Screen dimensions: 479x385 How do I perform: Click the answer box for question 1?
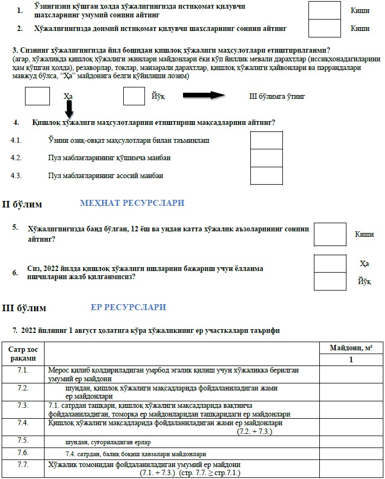pyautogui.click(x=324, y=10)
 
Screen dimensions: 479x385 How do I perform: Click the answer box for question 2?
pyautogui.click(x=324, y=28)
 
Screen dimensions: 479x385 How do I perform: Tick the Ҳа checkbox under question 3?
pyautogui.click(x=37, y=96)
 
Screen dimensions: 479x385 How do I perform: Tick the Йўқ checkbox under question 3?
pyautogui.click(x=134, y=96)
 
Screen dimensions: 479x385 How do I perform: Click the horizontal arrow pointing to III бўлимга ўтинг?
pyautogui.click(x=204, y=96)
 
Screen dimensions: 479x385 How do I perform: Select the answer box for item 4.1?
pyautogui.click(x=266, y=140)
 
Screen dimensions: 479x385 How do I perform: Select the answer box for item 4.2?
pyautogui.click(x=266, y=158)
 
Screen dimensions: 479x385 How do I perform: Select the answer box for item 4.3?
pyautogui.click(x=266, y=175)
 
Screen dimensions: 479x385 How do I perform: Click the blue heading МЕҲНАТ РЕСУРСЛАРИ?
pyautogui.click(x=132, y=203)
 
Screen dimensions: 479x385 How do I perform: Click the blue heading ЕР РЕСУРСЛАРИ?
pyautogui.click(x=128, y=307)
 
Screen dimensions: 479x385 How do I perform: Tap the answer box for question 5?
pyautogui.click(x=330, y=234)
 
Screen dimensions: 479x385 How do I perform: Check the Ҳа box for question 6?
pyautogui.click(x=330, y=263)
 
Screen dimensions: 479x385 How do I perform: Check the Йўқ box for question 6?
pyautogui.click(x=330, y=281)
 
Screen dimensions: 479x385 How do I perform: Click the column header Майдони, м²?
pyautogui.click(x=351, y=348)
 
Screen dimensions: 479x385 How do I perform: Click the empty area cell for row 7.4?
pyautogui.click(x=351, y=426)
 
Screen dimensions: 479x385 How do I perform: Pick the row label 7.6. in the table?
pyautogui.click(x=23, y=453)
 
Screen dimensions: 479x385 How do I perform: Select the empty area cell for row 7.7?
pyautogui.click(x=351, y=469)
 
